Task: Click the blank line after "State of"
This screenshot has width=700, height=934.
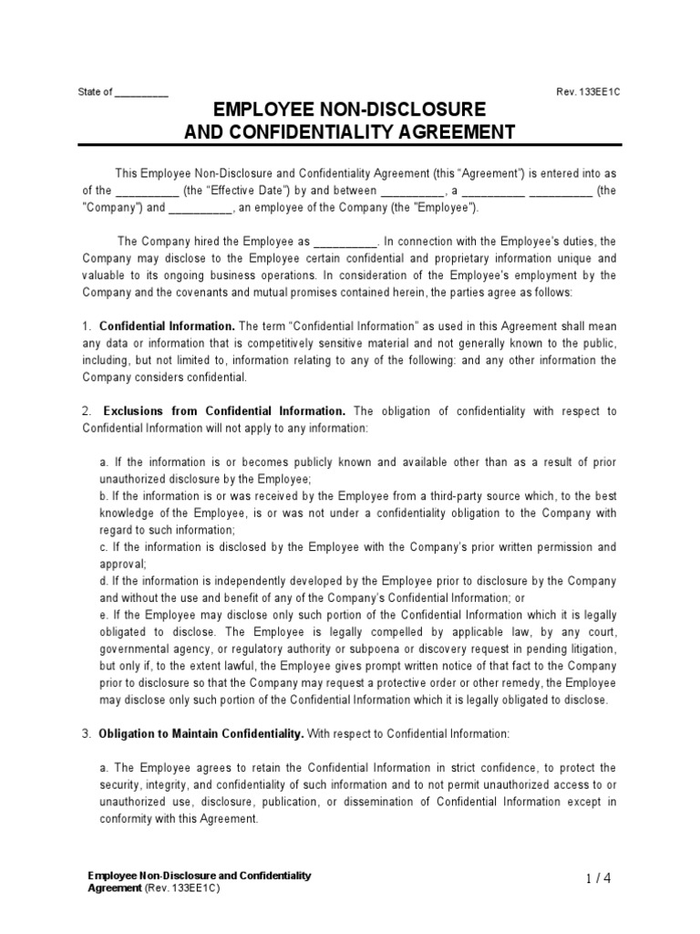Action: [x=141, y=92]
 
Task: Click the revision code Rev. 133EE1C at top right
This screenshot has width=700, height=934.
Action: [x=588, y=92]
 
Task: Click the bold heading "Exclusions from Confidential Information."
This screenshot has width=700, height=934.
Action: [x=224, y=411]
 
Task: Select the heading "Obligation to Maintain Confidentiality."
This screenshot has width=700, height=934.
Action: [x=201, y=733]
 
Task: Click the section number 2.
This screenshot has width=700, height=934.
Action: [x=86, y=411]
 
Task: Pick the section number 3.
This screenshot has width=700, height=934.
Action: [x=86, y=733]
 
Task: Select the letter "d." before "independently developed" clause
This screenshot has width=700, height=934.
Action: [x=104, y=581]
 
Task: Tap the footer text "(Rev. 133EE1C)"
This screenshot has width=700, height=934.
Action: [x=182, y=887]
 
